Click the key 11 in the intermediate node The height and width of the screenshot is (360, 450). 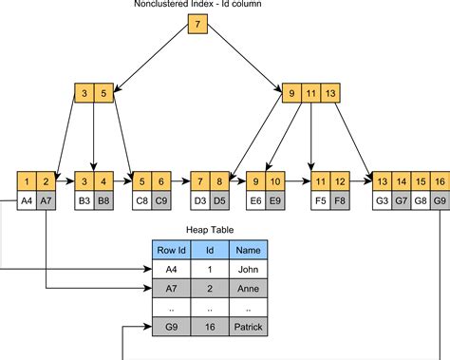[310, 93]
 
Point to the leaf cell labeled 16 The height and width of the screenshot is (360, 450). [440, 180]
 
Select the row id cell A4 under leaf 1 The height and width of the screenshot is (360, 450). [28, 200]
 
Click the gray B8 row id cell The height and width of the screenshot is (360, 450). [103, 200]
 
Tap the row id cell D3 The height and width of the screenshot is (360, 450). [198, 200]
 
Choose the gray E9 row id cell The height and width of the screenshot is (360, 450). [274, 200]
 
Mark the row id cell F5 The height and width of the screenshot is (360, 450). [320, 200]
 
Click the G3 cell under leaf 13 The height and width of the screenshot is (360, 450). [383, 200]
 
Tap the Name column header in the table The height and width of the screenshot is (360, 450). [249, 250]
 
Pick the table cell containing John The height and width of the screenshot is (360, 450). [249, 270]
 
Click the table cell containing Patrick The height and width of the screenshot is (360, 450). [249, 328]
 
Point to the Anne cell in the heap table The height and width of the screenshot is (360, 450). [249, 289]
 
